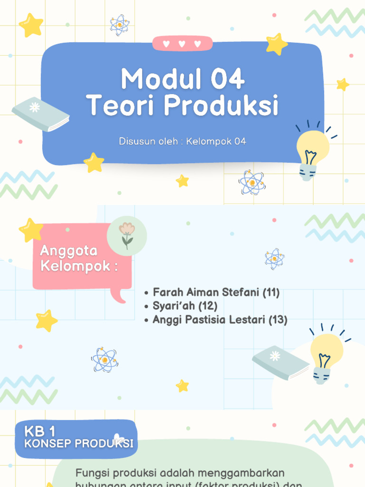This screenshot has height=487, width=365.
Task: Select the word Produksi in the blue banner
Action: coord(221,106)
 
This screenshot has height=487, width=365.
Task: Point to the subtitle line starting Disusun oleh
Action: coord(182,141)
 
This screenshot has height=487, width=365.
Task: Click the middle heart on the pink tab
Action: coord(182,44)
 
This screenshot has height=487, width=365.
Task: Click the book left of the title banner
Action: coord(40,114)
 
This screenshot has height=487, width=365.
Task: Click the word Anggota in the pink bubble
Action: coord(68,251)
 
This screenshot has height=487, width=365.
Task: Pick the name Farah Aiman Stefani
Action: coord(206,292)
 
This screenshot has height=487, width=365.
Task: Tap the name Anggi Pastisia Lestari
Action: coord(209,320)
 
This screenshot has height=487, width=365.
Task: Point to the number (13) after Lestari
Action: coord(278,320)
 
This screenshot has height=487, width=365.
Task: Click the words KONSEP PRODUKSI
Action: coord(79,444)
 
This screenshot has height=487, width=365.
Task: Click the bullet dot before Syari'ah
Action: coord(146,307)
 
